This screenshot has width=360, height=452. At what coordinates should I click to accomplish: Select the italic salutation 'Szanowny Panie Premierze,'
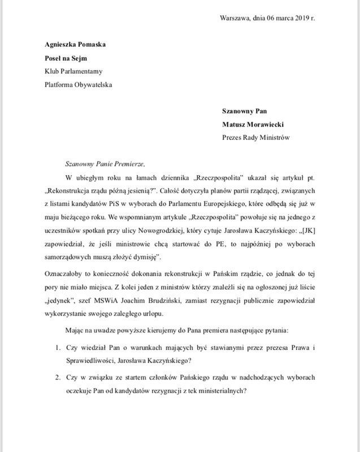[105, 164]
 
